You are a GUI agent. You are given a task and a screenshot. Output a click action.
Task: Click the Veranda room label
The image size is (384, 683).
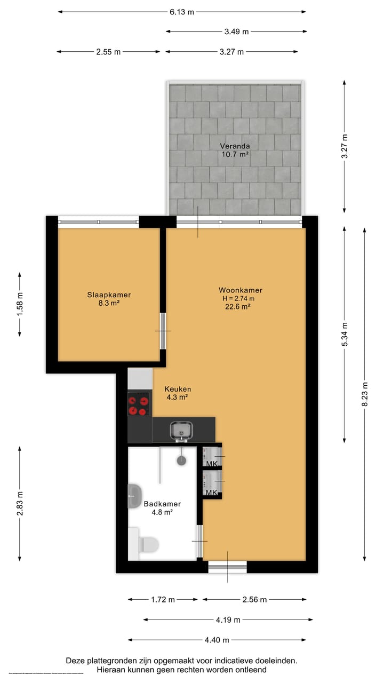coord(235,146)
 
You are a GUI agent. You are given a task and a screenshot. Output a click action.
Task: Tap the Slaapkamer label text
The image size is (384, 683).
coord(109,295)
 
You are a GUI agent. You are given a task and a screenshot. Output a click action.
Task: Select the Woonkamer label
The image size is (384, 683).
coord(240,290)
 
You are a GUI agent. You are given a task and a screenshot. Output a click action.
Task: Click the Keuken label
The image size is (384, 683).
coord(178,389)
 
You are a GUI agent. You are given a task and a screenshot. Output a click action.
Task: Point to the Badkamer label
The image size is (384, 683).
coord(162,504)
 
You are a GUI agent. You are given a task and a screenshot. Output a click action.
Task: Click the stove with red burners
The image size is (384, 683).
coord(138,404)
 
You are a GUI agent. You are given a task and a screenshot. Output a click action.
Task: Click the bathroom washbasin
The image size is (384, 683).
coord(134,496)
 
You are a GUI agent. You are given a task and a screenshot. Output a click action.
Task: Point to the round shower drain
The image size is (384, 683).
coord(182,460)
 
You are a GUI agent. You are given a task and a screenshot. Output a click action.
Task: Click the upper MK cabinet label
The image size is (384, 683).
coord(212,464)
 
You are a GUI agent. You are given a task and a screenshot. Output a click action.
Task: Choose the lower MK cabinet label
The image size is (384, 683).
coord(212,493)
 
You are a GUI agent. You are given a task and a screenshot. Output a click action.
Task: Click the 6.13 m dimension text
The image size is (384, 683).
coord(182,12)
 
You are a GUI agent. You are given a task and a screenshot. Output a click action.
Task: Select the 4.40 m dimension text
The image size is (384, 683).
coord(218,640)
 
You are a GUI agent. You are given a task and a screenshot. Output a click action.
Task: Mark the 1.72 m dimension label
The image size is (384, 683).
coord(163,600)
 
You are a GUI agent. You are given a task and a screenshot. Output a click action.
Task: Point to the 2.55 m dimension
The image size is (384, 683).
coord(108,52)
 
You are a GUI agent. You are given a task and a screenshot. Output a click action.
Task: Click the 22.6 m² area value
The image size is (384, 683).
coord(238,306)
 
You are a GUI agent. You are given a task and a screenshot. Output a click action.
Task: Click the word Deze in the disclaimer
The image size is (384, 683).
coord(76,661)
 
